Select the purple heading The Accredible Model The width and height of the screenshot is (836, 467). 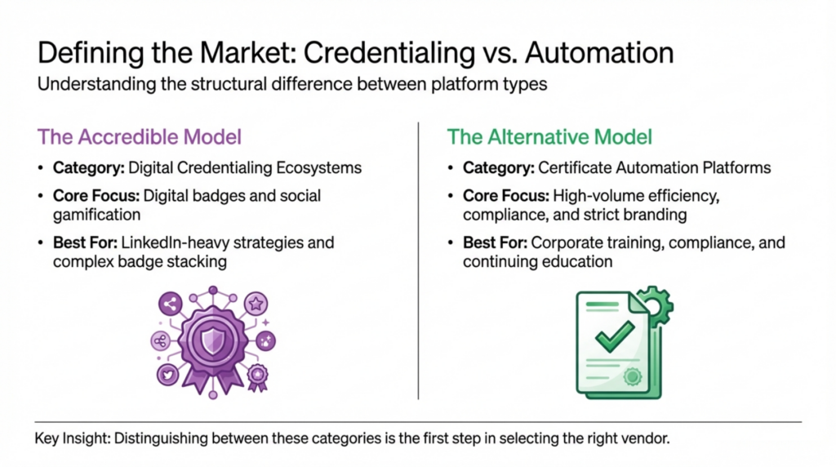point(140,136)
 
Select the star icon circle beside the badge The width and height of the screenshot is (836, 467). point(256,305)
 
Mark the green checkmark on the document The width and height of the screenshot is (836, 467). point(614,333)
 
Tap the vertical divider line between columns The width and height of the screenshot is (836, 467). point(418,261)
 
